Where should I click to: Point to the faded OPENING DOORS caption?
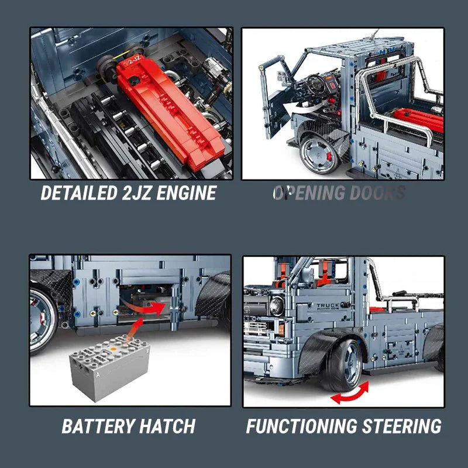click(339, 193)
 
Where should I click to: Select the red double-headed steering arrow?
click(350, 393)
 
